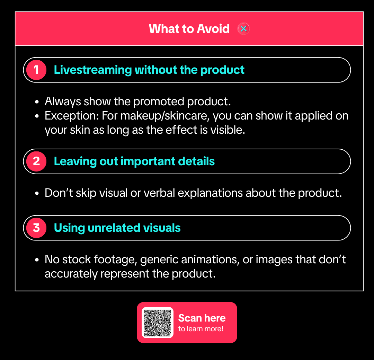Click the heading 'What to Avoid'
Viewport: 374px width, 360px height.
(x=189, y=29)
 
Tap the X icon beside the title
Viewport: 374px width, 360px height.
(x=243, y=29)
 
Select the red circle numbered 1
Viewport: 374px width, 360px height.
(x=36, y=70)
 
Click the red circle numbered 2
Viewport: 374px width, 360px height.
(x=36, y=161)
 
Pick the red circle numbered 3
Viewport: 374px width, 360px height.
(x=36, y=228)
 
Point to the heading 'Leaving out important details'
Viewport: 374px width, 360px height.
(x=134, y=161)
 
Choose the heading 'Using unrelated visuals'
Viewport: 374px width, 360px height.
(x=117, y=228)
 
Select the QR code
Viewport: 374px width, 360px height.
(x=158, y=323)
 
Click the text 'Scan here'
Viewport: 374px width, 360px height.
(x=202, y=318)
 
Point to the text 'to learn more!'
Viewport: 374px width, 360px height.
(x=201, y=329)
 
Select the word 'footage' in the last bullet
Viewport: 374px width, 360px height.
(x=115, y=260)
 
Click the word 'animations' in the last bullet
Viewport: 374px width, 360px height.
(x=214, y=260)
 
